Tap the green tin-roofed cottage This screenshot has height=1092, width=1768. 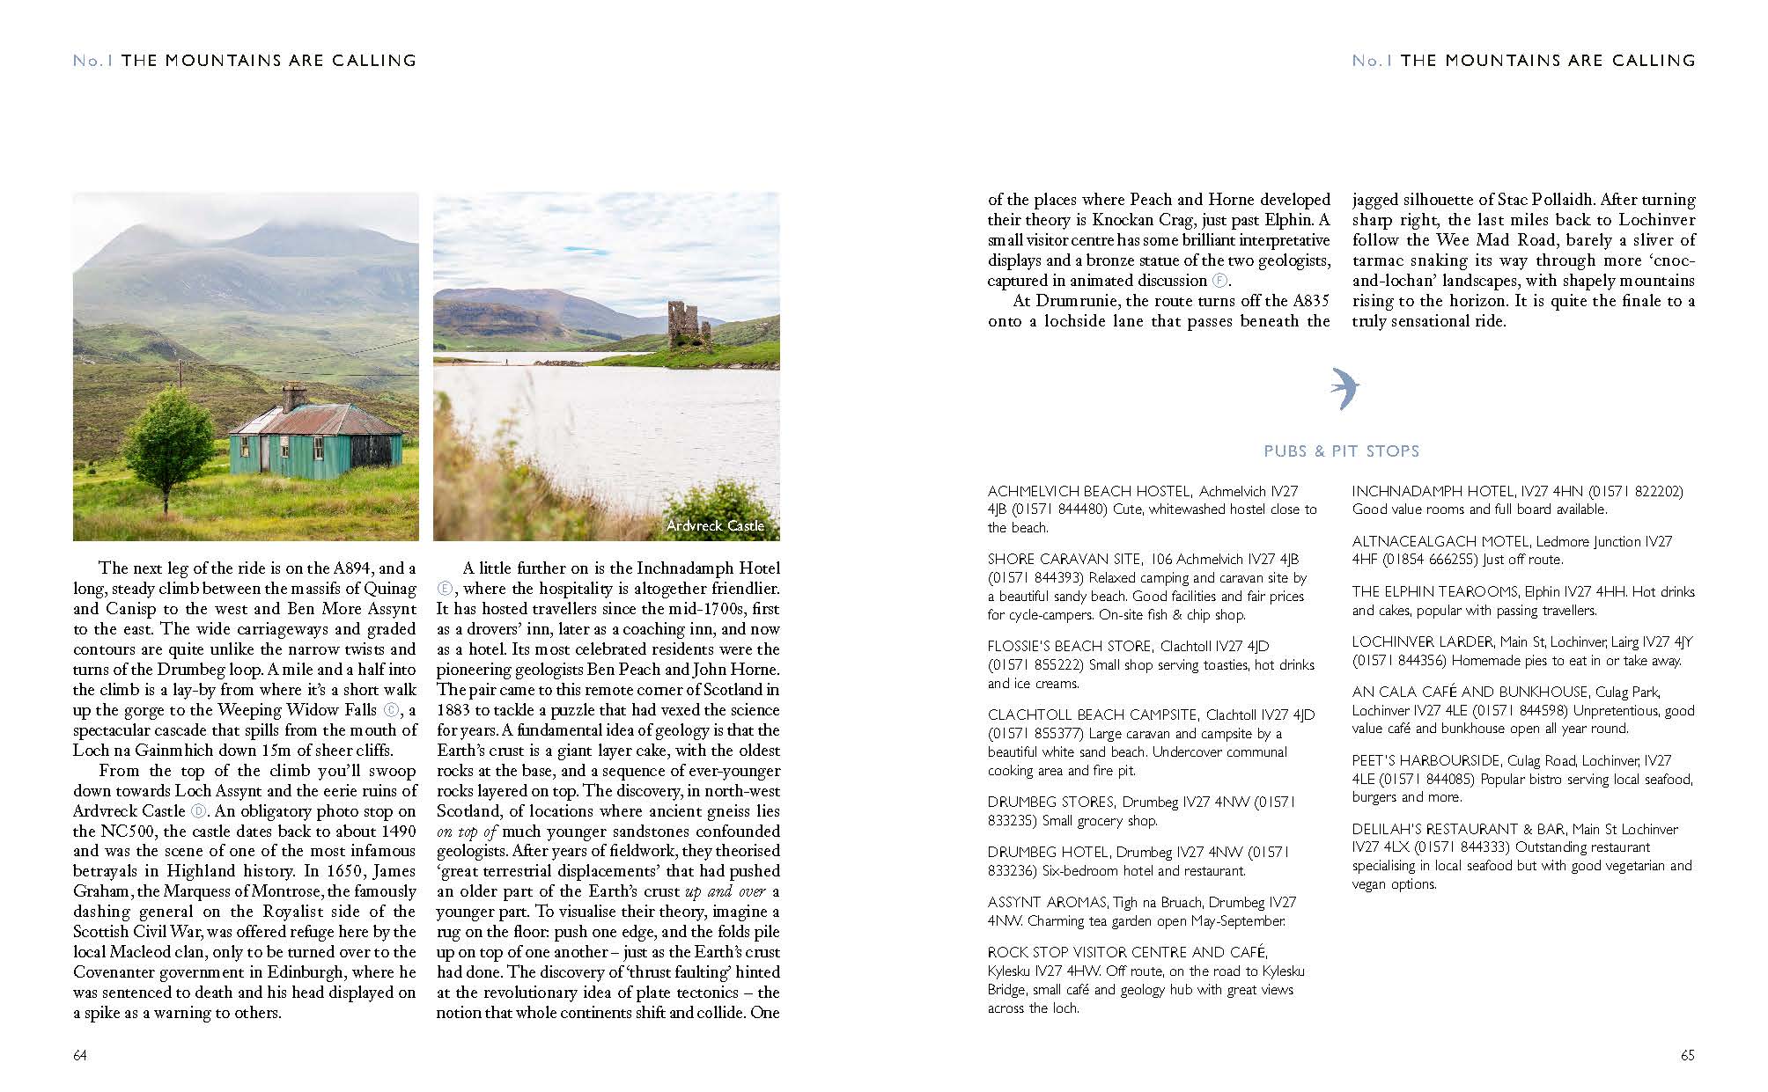(x=315, y=436)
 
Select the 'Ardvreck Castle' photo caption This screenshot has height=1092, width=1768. (x=715, y=525)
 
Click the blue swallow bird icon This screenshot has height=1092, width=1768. (x=1341, y=389)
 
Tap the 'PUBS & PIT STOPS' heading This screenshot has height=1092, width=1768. (x=1341, y=451)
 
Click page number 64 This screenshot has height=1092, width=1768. (x=80, y=1055)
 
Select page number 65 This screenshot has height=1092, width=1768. (x=1687, y=1055)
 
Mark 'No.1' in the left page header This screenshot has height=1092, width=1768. (x=93, y=61)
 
